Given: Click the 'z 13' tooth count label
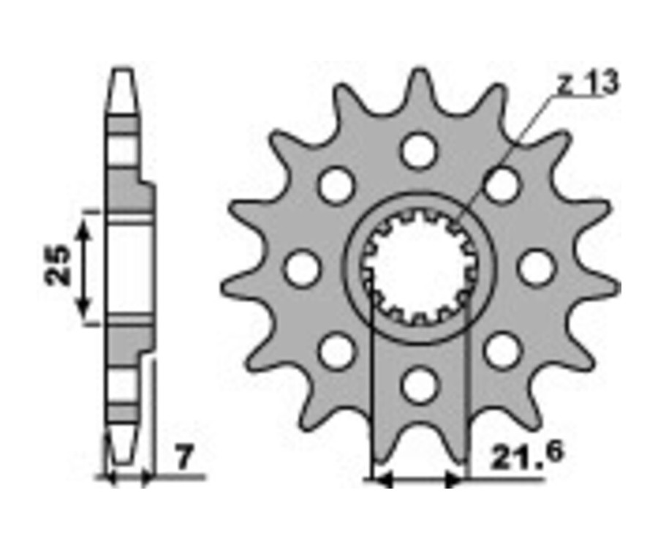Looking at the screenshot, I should pyautogui.click(x=587, y=84).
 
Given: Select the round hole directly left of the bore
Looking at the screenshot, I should pyautogui.click(x=303, y=268).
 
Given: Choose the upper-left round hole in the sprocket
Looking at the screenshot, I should pyautogui.click(x=337, y=185).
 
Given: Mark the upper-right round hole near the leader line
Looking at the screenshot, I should pyautogui.click(x=502, y=185).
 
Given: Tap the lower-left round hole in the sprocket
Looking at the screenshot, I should pyautogui.click(x=337, y=350).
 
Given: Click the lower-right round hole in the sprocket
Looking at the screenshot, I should pyautogui.click(x=502, y=350).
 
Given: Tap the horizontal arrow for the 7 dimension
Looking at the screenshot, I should pyautogui.click(x=130, y=479).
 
